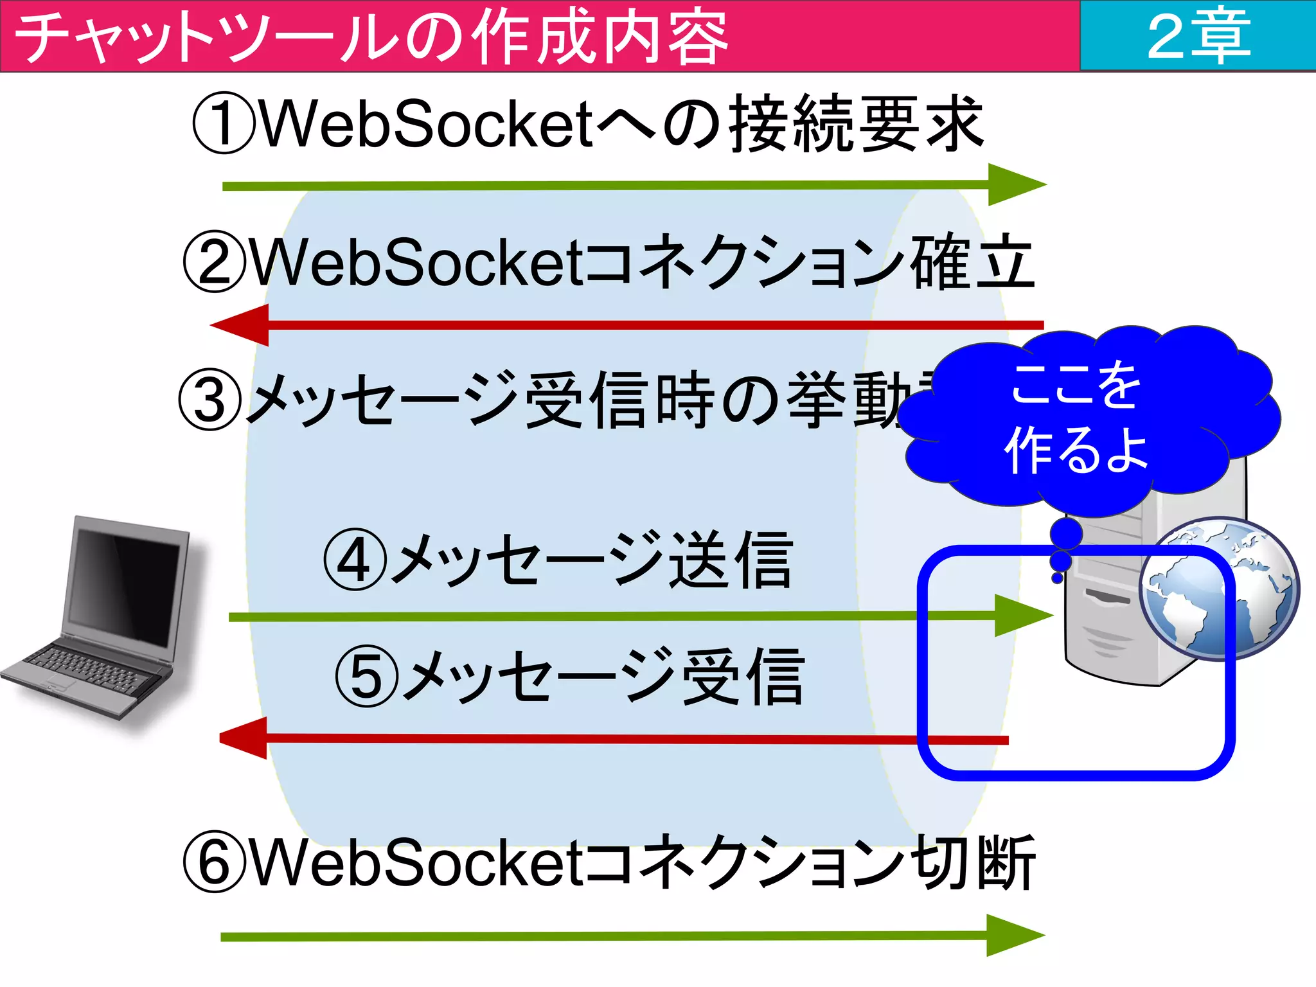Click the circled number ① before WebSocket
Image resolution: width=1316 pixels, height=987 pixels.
tap(223, 124)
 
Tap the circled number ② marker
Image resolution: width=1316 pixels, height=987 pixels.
tap(214, 262)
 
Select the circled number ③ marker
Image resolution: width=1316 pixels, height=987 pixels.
tap(209, 400)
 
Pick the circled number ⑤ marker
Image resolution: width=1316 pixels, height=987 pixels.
tap(367, 677)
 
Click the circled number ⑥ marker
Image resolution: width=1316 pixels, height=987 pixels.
tap(214, 862)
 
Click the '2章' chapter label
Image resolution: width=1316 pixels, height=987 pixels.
tap(1198, 36)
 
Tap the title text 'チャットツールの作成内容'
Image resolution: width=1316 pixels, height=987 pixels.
tap(371, 37)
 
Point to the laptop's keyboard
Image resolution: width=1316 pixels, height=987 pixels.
tap(87, 669)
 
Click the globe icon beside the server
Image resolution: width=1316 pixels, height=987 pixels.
tap(1219, 589)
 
